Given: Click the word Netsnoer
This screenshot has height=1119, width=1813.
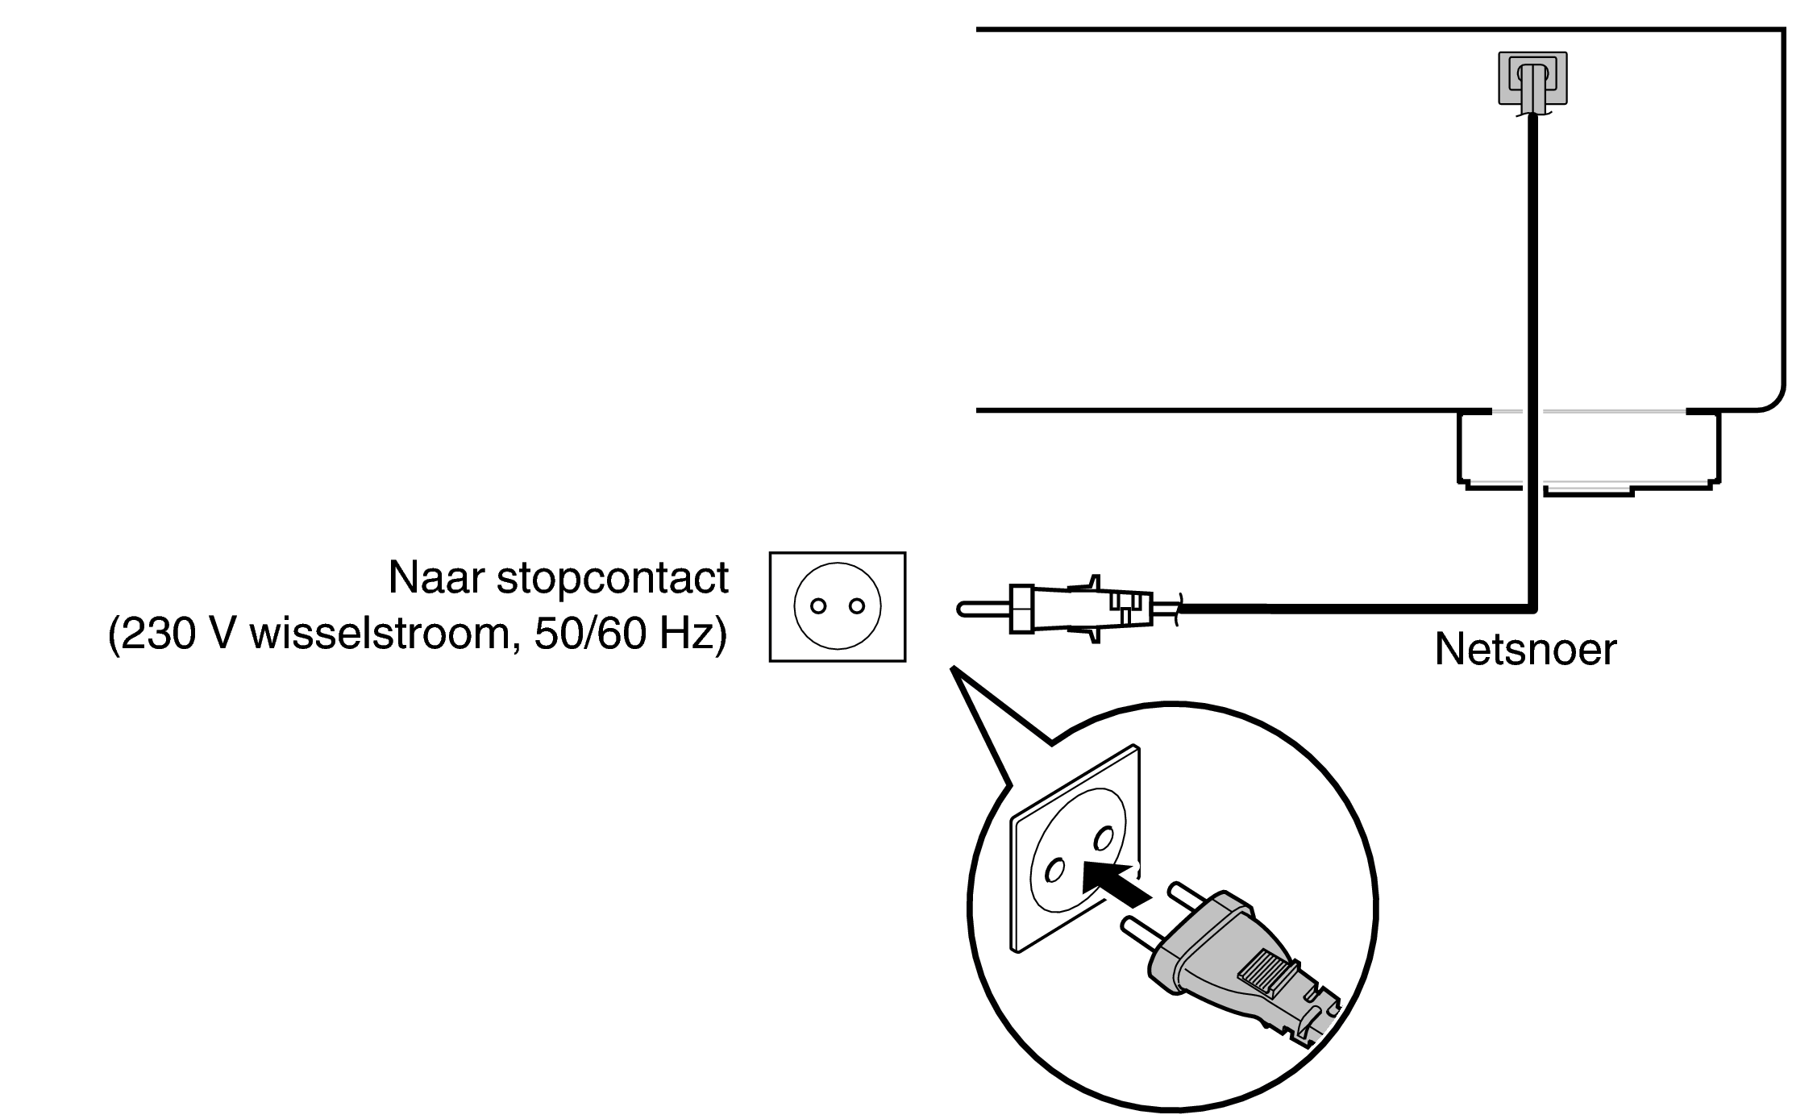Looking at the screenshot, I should click(x=1525, y=649).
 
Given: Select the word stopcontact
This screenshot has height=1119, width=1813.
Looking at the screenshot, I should click(x=612, y=579).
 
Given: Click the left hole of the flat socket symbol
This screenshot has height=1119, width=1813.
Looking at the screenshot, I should click(x=817, y=606).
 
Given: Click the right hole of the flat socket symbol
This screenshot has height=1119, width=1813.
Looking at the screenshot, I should click(x=857, y=606).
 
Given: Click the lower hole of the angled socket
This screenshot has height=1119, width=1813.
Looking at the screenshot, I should click(x=1053, y=871).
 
